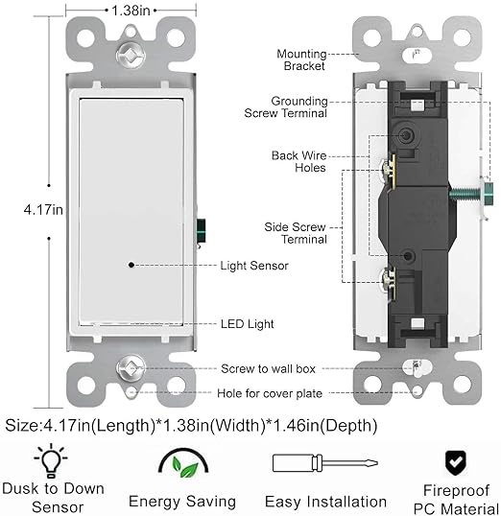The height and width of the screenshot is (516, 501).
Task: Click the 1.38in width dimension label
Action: tap(131, 11)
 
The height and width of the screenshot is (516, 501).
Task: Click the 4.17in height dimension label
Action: tap(43, 210)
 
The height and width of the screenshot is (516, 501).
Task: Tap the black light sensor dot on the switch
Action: tap(131, 265)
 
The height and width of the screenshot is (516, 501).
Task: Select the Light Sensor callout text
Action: tap(254, 266)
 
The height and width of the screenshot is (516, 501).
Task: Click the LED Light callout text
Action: tap(247, 324)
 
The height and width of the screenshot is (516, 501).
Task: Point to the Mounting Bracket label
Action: tap(301, 59)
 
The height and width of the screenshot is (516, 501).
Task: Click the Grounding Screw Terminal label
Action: tap(286, 107)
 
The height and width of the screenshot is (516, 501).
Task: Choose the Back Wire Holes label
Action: tap(299, 161)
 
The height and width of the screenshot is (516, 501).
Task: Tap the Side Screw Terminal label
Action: tap(296, 233)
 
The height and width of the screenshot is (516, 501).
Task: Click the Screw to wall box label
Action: tap(268, 368)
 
